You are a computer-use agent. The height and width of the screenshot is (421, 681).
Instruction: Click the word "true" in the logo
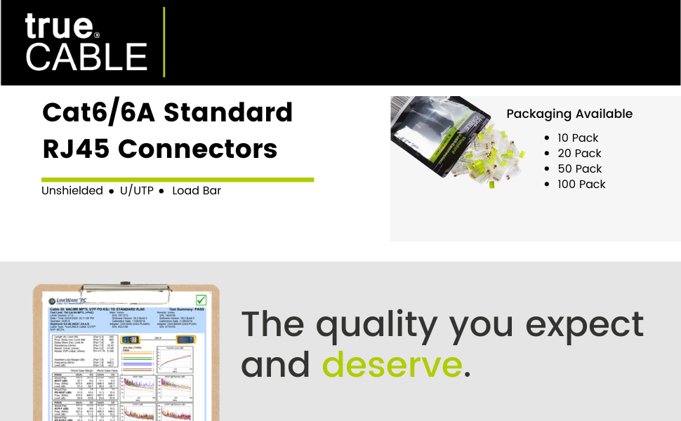coord(59,26)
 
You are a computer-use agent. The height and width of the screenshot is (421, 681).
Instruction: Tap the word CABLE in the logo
coord(86,57)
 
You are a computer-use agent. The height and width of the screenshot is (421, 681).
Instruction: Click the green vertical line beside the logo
coord(164,41)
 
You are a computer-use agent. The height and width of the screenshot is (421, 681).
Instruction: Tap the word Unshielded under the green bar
coord(72,191)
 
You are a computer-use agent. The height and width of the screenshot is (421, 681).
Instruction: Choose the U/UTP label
coord(136,191)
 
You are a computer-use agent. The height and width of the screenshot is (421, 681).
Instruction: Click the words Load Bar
coord(197,191)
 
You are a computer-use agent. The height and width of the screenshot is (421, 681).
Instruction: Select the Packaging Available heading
coord(569,114)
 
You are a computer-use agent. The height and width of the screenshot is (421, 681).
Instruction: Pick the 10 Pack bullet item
coord(578,138)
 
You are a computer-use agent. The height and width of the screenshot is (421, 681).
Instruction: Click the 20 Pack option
coord(579,153)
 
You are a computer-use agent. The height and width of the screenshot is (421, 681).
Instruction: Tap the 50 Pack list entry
coord(579,168)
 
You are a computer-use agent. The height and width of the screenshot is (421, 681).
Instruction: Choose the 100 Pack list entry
coord(581,184)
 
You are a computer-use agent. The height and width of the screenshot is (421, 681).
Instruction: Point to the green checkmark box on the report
coord(201,301)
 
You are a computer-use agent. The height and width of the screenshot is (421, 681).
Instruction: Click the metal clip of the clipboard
coord(126,287)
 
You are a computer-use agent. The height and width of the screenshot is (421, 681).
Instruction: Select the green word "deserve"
coord(392,365)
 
